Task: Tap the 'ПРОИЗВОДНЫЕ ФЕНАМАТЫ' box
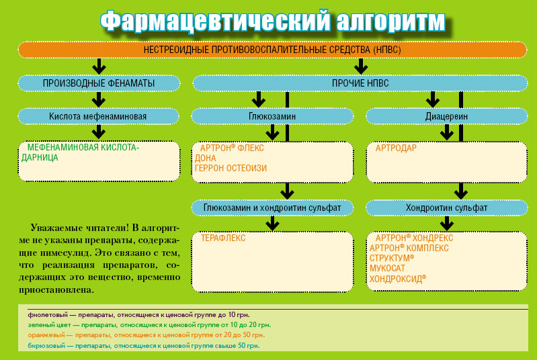tap(99, 83)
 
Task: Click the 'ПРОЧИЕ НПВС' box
tap(360, 83)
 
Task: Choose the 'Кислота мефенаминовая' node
tap(98, 116)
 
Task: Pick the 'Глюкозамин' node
tap(272, 116)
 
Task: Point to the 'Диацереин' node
tap(446, 116)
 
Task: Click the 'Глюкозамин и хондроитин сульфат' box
tap(272, 208)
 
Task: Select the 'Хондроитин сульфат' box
tap(446, 208)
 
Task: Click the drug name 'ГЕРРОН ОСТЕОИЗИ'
tap(231, 169)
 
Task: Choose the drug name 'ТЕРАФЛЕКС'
tap(223, 238)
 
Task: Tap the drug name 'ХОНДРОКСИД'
tap(398, 278)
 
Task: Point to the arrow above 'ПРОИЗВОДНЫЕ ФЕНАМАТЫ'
tap(99, 66)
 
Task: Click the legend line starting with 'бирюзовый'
tap(143, 345)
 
